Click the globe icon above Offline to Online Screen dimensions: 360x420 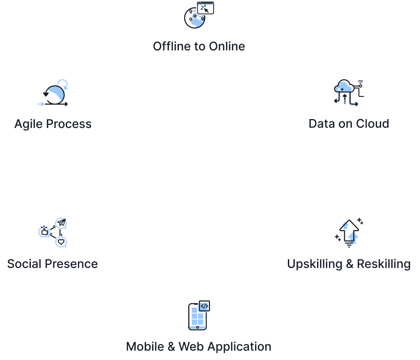click(x=194, y=19)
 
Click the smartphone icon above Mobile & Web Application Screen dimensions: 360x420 click(x=197, y=317)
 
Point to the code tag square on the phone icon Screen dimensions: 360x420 click(x=204, y=306)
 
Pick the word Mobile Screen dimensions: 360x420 click(x=145, y=346)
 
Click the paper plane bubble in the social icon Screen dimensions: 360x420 click(x=61, y=223)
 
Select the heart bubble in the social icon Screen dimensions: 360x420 click(x=61, y=242)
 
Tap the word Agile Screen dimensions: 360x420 click(x=28, y=124)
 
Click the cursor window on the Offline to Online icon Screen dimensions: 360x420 click(x=206, y=8)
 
